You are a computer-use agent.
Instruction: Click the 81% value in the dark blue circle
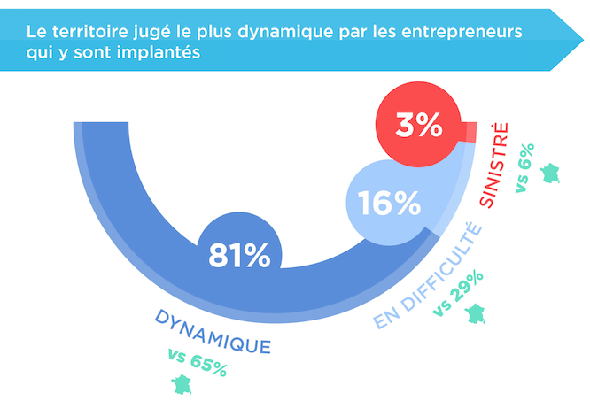tap(239, 256)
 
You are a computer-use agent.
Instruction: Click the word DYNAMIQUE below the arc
tap(213, 330)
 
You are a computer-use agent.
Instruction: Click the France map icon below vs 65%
tap(182, 384)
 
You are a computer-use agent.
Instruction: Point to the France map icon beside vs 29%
tap(477, 314)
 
